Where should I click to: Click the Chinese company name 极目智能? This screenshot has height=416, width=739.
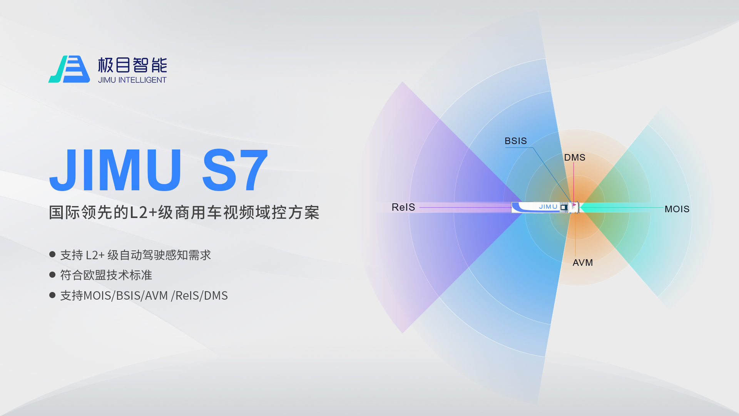132,65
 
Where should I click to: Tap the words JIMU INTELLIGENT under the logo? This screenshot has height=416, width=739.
132,80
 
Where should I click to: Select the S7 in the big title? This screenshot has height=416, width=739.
235,170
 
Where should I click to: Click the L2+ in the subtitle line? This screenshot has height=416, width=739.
143,213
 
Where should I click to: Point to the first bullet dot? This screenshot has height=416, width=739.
52,254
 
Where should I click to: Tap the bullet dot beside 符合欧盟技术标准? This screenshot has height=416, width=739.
52,275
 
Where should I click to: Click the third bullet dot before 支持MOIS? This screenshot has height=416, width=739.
52,295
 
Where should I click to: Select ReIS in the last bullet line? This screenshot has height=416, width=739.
187,295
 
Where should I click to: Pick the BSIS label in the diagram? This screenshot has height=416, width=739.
516,141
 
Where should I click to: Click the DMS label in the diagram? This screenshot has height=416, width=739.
575,158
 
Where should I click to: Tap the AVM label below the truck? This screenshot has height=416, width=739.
583,263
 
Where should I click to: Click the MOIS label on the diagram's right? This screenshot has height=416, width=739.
677,209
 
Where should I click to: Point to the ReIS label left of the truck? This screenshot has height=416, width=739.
403,207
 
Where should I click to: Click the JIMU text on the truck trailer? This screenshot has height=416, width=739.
548,207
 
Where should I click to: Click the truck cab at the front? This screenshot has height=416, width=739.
573,207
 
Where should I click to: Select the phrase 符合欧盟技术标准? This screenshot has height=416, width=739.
106,275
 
